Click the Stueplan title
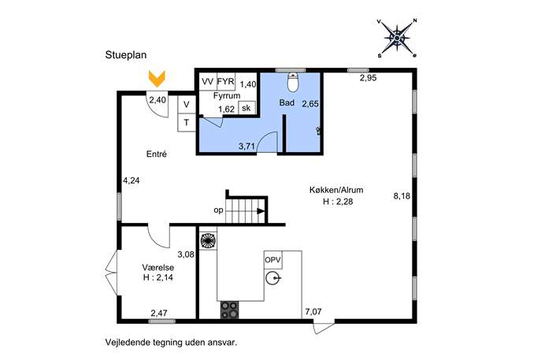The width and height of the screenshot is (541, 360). tap(126, 55)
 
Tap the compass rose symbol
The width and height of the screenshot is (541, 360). tap(397, 38)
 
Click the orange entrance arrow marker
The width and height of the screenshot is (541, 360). tap(157, 78)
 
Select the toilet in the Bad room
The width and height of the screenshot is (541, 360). tap(293, 83)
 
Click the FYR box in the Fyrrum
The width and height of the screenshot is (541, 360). tap(226, 82)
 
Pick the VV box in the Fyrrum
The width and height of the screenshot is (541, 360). tap(208, 82)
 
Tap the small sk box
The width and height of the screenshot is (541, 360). tap(246, 108)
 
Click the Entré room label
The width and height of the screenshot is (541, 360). tap(157, 154)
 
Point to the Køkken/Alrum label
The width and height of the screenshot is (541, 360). tap(336, 190)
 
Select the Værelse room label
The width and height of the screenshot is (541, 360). tap(158, 268)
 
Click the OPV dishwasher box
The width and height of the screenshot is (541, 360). tap(273, 260)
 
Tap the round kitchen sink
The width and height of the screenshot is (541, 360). tap(273, 278)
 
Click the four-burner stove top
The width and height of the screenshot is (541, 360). tap(229, 310)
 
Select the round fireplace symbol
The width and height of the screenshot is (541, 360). tap(208, 240)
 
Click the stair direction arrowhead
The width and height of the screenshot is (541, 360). tap(261, 211)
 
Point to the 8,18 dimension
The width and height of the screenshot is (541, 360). tap(402, 196)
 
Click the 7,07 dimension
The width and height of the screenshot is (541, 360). tap(313, 312)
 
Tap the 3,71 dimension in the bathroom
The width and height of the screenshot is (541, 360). tap(247, 147)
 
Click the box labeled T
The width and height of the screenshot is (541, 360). tap(187, 123)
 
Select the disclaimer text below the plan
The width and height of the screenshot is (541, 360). tap(172, 343)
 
